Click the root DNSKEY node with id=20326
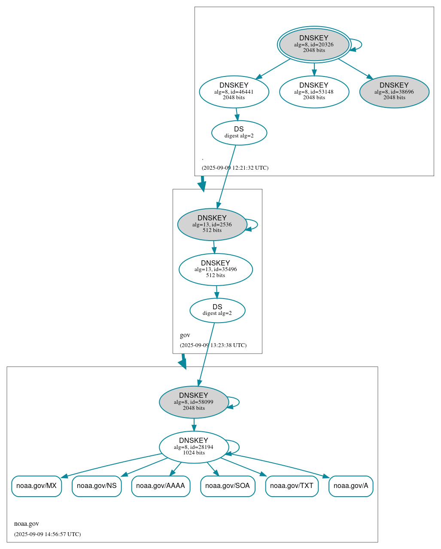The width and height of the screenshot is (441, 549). click(x=314, y=44)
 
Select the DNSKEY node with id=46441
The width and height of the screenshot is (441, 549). click(x=234, y=91)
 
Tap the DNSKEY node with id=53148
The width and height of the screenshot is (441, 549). click(x=314, y=91)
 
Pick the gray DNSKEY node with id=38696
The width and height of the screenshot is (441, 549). click(x=394, y=91)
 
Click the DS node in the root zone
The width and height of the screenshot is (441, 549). click(x=239, y=133)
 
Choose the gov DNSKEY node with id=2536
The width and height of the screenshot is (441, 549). click(x=212, y=224)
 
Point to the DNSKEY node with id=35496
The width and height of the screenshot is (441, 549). click(x=216, y=269)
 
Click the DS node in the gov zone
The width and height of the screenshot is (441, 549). click(x=217, y=310)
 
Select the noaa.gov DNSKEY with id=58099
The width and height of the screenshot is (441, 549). click(x=194, y=402)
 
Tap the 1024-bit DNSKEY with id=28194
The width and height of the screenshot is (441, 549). click(x=194, y=447)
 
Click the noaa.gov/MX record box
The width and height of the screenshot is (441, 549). click(x=36, y=486)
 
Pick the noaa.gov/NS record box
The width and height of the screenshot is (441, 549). click(x=97, y=486)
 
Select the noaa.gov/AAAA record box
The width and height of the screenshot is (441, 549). click(x=161, y=486)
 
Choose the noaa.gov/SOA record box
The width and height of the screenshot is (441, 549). click(x=228, y=486)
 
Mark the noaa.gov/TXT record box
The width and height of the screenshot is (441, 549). click(x=292, y=486)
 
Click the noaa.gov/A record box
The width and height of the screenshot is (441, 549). click(x=351, y=486)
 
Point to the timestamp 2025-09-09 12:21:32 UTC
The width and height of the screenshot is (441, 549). click(x=235, y=168)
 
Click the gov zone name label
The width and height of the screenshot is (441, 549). click(x=185, y=335)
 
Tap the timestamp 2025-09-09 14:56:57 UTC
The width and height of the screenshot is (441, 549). click(x=47, y=534)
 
